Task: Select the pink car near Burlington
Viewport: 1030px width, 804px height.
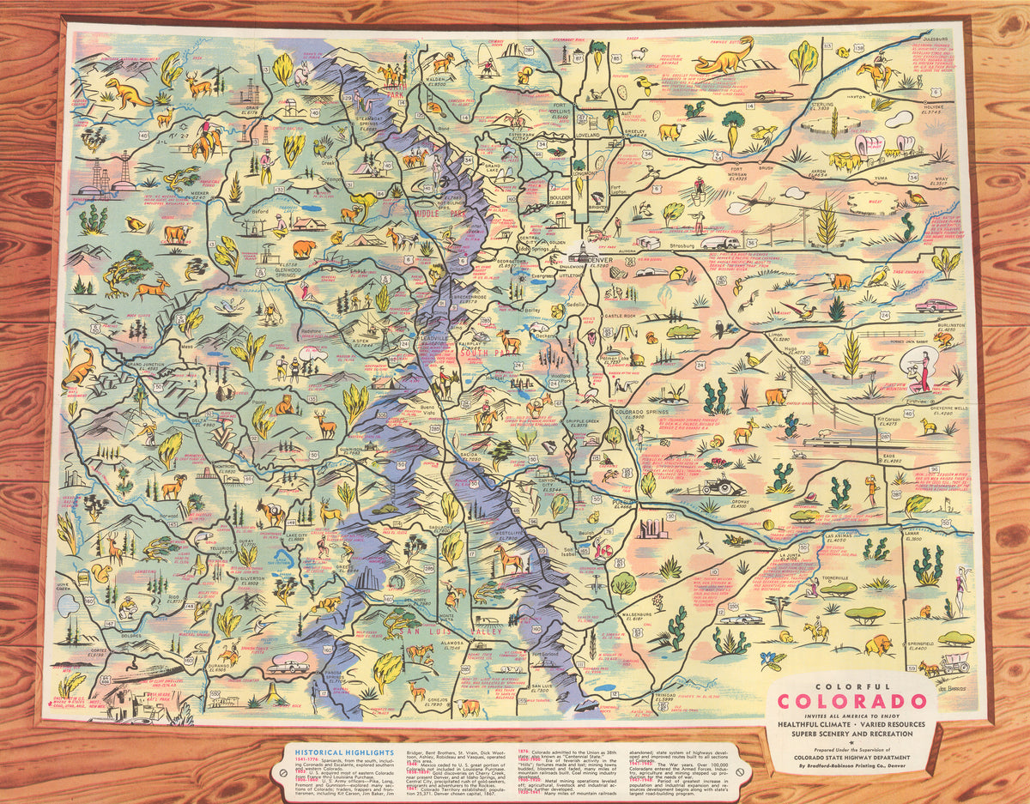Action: click(x=935, y=305)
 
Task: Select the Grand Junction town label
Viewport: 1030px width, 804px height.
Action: click(x=146, y=365)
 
